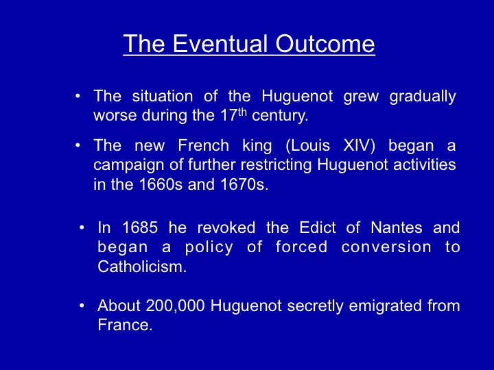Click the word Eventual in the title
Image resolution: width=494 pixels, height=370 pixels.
pos(220,43)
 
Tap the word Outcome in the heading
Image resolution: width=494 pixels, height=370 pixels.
pos(325,43)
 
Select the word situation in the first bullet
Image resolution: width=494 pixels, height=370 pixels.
pos(162,96)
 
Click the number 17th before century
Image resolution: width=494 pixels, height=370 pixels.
pos(233,115)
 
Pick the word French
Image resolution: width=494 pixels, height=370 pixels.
pos(203,145)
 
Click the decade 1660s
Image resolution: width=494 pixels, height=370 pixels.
pos(161,184)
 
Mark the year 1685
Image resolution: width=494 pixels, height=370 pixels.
pos(140,227)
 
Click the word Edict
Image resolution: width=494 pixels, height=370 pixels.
pos(317,227)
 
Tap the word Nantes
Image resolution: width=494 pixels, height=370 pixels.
pos(397,227)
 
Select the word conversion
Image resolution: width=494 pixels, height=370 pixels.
pos(386,247)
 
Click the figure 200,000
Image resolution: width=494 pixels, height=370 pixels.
pos(175,306)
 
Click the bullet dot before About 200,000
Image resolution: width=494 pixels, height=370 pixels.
pos(82,306)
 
